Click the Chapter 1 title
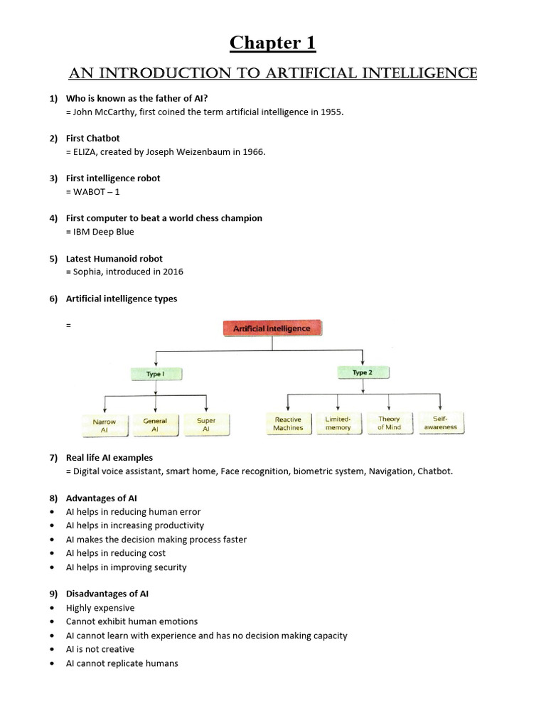point(272,43)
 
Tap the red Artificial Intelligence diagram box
point(272,328)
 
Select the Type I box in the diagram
point(156,373)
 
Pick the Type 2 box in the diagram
point(361,373)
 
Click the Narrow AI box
point(105,425)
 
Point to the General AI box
point(155,425)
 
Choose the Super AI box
point(206,425)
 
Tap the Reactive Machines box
point(288,424)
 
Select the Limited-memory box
point(338,424)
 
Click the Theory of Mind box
point(389,424)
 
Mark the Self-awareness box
point(440,424)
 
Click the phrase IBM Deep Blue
point(102,232)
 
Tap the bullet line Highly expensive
point(100,608)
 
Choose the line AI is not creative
point(100,649)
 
